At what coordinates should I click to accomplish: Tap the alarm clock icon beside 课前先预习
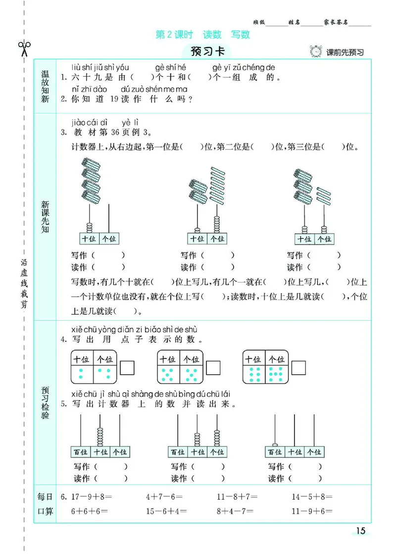point(315,51)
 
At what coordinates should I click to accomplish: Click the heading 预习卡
point(203,51)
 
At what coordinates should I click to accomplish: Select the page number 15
point(360,531)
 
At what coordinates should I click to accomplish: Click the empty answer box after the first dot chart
point(128,367)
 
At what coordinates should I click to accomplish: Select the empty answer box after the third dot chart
point(298,367)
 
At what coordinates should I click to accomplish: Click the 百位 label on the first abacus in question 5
point(80,452)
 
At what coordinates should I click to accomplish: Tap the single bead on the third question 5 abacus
point(275,445)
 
